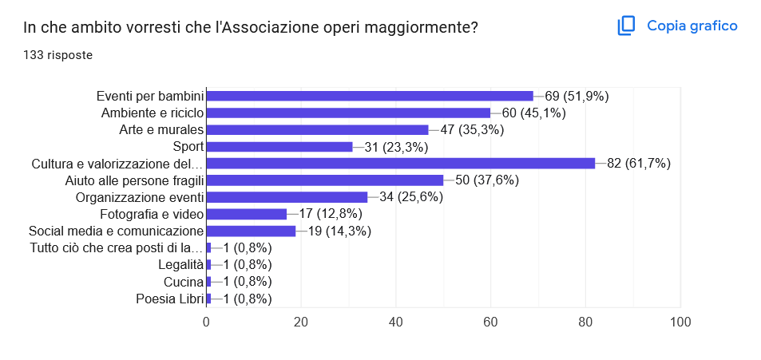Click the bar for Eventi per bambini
click(370, 96)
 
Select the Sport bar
click(279, 147)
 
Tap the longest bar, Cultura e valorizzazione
click(401, 164)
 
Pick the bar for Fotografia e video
click(247, 214)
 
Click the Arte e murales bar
click(317, 129)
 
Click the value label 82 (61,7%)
click(639, 164)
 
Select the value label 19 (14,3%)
click(339, 231)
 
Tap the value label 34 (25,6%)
click(411, 197)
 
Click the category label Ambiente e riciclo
click(153, 113)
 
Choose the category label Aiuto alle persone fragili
click(134, 180)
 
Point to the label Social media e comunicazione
click(116, 231)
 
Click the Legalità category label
click(181, 265)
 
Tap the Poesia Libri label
click(170, 299)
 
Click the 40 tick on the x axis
click(396, 322)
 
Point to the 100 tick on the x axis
click(680, 322)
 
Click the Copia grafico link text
click(692, 26)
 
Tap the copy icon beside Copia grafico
click(626, 26)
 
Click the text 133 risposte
click(57, 55)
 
